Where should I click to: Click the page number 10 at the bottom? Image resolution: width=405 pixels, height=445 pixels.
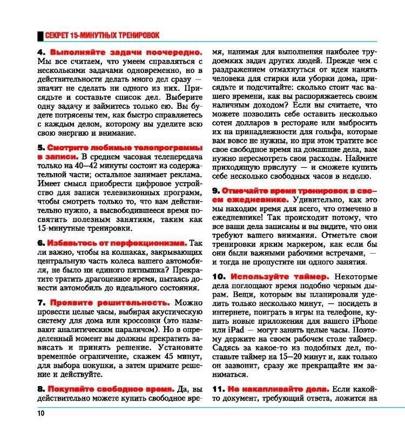coord(40,414)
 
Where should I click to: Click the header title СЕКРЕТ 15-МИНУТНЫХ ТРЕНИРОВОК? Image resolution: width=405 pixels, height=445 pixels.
coord(102,36)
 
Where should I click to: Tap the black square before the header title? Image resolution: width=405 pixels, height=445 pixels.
coord(39,36)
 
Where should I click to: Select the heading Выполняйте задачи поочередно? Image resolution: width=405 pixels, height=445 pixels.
coord(126,53)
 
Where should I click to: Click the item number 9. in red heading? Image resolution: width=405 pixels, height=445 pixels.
coord(215,191)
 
